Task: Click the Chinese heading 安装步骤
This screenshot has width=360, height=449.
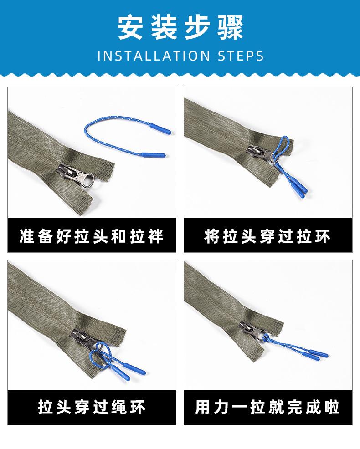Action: point(180,27)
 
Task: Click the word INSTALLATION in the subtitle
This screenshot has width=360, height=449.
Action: point(153,56)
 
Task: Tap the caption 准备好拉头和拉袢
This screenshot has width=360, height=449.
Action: point(92,237)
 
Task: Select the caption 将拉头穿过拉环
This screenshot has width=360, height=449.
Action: point(267,237)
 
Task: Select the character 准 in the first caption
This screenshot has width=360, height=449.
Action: point(27,237)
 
